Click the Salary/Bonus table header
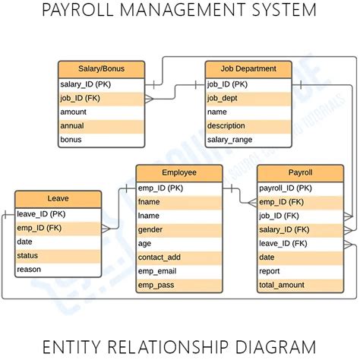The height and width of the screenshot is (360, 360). pos(101,69)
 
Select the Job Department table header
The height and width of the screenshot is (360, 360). pos(248,69)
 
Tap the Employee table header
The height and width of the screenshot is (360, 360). pos(179,173)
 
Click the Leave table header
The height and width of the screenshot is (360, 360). pos(58,200)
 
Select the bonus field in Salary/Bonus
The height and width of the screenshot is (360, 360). pos(101,140)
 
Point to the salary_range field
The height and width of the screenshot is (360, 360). pos(248,140)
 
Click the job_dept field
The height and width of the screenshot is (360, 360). pos(248,98)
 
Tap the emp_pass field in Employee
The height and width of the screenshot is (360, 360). pos(179,284)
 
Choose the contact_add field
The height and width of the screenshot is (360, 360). pos(179,257)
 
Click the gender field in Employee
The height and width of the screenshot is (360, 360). pos(179,229)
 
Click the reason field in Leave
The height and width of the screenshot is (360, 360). pos(58,270)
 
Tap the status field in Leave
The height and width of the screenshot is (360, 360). pos(58,256)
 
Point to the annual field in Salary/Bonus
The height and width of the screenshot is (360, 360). pos(101,125)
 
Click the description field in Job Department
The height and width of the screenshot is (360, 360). pos(248,125)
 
